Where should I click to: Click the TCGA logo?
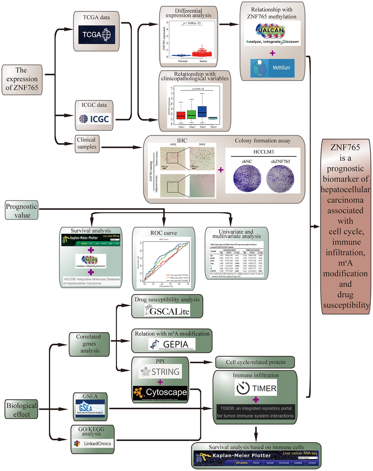pyautogui.click(x=97, y=35)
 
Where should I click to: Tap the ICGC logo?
pyautogui.click(x=94, y=119)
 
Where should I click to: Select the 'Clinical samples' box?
pyautogui.click(x=87, y=143)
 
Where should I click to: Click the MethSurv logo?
pyautogui.click(x=272, y=68)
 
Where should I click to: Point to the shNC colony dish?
pyautogui.click(x=247, y=179)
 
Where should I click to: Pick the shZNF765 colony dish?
pyautogui.click(x=280, y=179)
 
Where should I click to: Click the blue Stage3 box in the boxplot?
pyautogui.click(x=202, y=112)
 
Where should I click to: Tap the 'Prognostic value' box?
pyautogui.click(x=22, y=211)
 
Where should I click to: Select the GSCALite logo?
pyautogui.click(x=167, y=311)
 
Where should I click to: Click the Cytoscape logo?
pyautogui.click(x=161, y=392)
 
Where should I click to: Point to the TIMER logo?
pyautogui.click(x=256, y=388)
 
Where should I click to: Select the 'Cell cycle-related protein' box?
pyautogui.click(x=255, y=362)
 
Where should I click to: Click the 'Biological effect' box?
pyautogui.click(x=22, y=410)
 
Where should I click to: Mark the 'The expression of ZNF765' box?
pyautogui.click(x=22, y=79)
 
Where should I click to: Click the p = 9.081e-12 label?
pyautogui.click(x=192, y=23)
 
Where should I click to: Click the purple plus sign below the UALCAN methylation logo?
pyautogui.click(x=272, y=53)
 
